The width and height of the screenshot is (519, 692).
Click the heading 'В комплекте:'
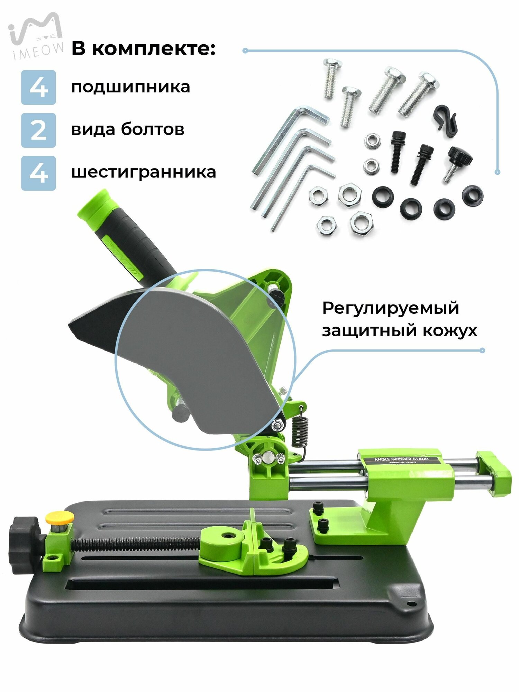(x=143, y=49)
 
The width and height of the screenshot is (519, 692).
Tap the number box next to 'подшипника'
(x=38, y=87)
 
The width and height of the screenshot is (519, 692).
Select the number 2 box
(x=38, y=130)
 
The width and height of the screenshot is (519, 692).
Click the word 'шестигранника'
(x=144, y=172)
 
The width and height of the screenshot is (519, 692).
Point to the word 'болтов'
(x=152, y=129)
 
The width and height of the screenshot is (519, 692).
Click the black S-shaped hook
(x=446, y=120)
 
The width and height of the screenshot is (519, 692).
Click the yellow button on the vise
(x=60, y=518)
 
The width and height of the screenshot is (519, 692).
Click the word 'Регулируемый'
(x=390, y=308)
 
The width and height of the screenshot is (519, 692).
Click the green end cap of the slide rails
(x=494, y=473)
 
